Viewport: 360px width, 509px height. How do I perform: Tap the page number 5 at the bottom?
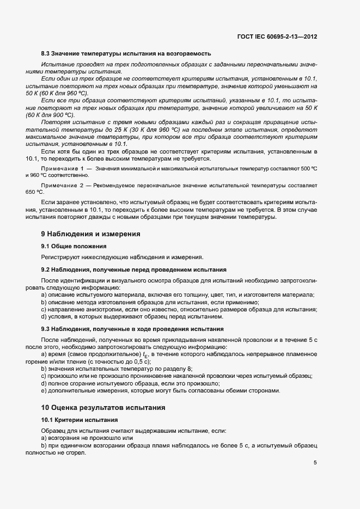315,463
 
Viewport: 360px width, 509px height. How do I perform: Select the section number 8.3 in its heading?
46,53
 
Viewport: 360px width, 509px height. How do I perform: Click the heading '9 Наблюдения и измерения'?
91,234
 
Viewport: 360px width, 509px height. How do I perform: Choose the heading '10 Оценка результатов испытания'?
103,407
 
